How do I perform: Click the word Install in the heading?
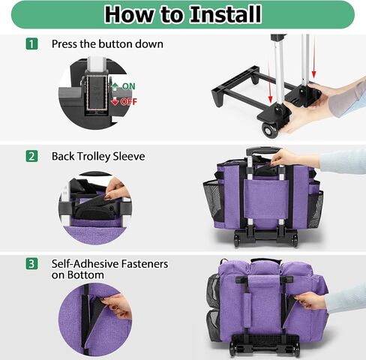point(226,14)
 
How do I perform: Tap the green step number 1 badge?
point(31,43)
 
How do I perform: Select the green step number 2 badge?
point(31,156)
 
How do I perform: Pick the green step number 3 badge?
point(31,264)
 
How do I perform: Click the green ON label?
point(129,86)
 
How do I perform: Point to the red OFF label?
point(129,102)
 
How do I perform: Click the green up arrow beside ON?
point(115,86)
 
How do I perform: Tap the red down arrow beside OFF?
point(115,101)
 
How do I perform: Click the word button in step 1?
point(115,44)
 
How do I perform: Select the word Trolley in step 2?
point(94,157)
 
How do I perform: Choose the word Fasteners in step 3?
point(145,264)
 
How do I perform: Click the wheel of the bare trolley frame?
point(270,130)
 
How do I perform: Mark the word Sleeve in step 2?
point(129,157)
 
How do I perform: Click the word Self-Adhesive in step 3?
point(85,264)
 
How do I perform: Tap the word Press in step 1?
point(64,44)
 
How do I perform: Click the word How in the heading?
point(129,14)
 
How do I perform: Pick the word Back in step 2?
point(63,157)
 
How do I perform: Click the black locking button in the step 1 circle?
point(97,92)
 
